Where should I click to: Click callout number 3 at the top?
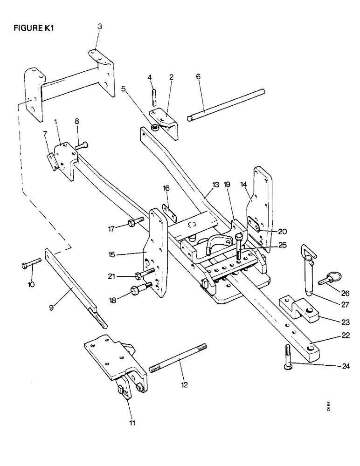[99, 27]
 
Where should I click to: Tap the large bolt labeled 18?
[141, 289]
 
